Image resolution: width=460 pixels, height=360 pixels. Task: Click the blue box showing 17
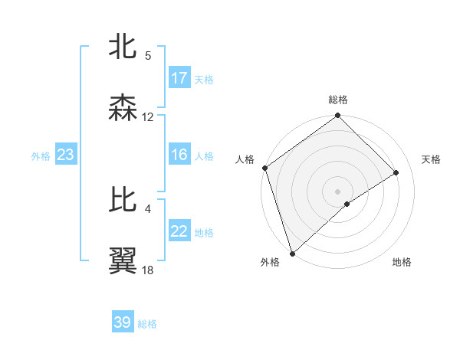coord(179,78)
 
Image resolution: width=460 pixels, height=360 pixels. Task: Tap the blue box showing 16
coord(179,155)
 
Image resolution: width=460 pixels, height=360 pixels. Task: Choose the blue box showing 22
coord(179,232)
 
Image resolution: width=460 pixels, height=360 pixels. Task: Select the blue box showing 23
coord(66,155)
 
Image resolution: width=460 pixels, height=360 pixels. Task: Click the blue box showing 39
coord(123,322)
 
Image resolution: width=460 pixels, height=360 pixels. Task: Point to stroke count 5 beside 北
coord(148,56)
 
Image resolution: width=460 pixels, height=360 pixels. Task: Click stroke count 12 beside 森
coord(148,117)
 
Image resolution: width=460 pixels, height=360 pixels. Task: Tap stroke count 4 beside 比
coord(148,208)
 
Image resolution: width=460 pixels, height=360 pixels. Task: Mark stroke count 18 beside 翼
coord(148,270)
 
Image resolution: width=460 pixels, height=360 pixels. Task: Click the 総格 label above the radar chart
coord(338,100)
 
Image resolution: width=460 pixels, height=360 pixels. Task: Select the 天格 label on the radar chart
coord(432,159)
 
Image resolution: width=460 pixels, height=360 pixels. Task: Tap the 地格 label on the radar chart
coord(402,262)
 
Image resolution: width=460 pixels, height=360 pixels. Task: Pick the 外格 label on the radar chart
coord(270,262)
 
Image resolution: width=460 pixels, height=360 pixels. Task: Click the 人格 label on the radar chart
coord(245,159)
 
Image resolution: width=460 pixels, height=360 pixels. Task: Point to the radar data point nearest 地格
coord(347,204)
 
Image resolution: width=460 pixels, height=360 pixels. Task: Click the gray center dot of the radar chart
coord(337,191)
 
